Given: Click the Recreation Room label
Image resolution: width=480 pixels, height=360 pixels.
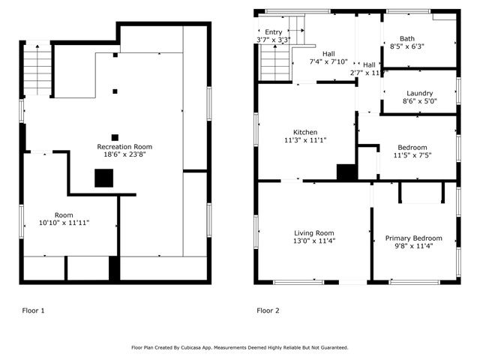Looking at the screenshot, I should tap(124, 146).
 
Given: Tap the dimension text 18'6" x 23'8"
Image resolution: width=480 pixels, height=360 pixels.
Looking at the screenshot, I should tap(124, 155).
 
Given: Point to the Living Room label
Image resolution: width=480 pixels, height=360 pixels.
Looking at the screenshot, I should tap(314, 232).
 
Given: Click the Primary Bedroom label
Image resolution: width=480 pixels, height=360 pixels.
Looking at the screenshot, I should tap(413, 238).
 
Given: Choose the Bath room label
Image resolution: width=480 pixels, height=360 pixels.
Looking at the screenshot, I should tap(407, 38).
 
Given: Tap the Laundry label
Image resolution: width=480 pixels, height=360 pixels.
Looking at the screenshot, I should tap(419, 93).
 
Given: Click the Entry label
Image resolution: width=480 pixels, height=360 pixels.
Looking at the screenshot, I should tap(273, 32).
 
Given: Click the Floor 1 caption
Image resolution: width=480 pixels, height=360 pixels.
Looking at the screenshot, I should tap(32, 310).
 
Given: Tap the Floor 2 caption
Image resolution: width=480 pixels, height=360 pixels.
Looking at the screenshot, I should tap(268, 310).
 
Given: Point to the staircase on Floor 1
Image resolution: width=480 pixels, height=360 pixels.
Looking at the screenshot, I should tap(36, 69).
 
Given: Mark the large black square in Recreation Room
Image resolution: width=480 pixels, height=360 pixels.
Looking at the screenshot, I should tap(103, 178).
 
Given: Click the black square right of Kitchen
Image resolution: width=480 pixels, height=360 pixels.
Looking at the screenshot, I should tap(346, 172).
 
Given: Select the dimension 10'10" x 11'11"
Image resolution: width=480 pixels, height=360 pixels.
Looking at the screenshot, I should tap(64, 223).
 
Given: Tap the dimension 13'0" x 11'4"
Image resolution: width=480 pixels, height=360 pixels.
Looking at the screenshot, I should tap(314, 241).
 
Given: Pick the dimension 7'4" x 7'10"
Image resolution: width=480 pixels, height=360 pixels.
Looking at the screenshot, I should tap(328, 62).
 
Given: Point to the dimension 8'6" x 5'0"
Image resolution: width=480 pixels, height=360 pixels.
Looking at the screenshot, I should tap(419, 101).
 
